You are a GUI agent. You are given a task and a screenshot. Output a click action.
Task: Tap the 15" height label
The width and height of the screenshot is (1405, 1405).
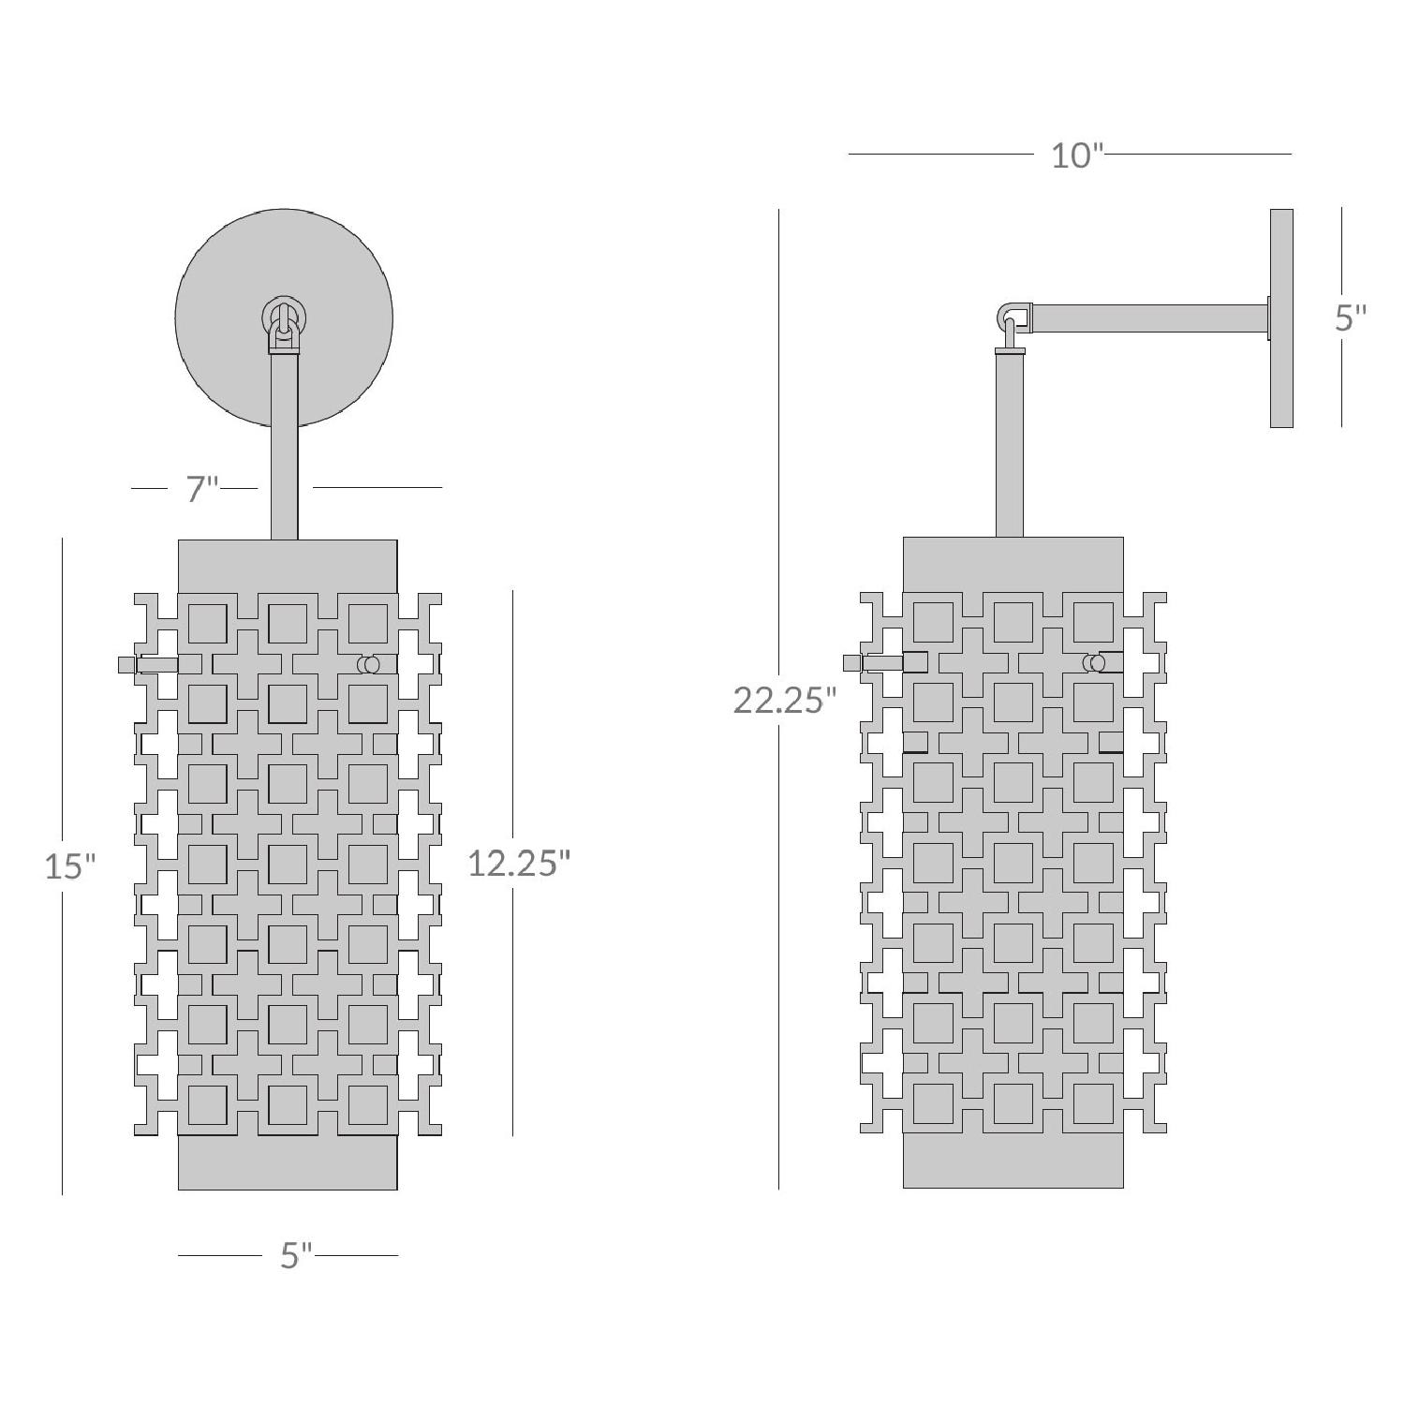70,866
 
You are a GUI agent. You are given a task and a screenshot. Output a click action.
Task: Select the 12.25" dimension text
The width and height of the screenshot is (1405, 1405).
518,863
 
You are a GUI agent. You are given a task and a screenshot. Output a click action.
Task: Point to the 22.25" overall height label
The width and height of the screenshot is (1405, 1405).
784,700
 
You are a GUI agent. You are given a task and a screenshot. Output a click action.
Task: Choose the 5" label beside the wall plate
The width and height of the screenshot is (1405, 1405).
1350,318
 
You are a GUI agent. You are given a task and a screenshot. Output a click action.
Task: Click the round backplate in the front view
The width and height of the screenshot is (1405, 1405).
225,281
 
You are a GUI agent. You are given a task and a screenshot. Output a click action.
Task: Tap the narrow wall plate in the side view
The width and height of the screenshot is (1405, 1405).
1281,318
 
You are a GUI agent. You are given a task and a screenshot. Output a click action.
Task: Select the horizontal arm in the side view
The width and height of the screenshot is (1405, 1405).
1147,318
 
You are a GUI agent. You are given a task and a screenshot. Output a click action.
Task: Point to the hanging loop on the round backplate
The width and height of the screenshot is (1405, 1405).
284,323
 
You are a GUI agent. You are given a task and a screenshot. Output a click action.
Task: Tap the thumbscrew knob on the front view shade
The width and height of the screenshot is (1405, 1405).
127,664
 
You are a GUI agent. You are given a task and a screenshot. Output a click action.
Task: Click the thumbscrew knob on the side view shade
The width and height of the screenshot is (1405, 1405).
852,663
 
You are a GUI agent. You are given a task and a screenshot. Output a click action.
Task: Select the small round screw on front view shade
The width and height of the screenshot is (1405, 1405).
369,664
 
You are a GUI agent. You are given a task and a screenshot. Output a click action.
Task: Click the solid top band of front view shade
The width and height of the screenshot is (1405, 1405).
288,564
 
